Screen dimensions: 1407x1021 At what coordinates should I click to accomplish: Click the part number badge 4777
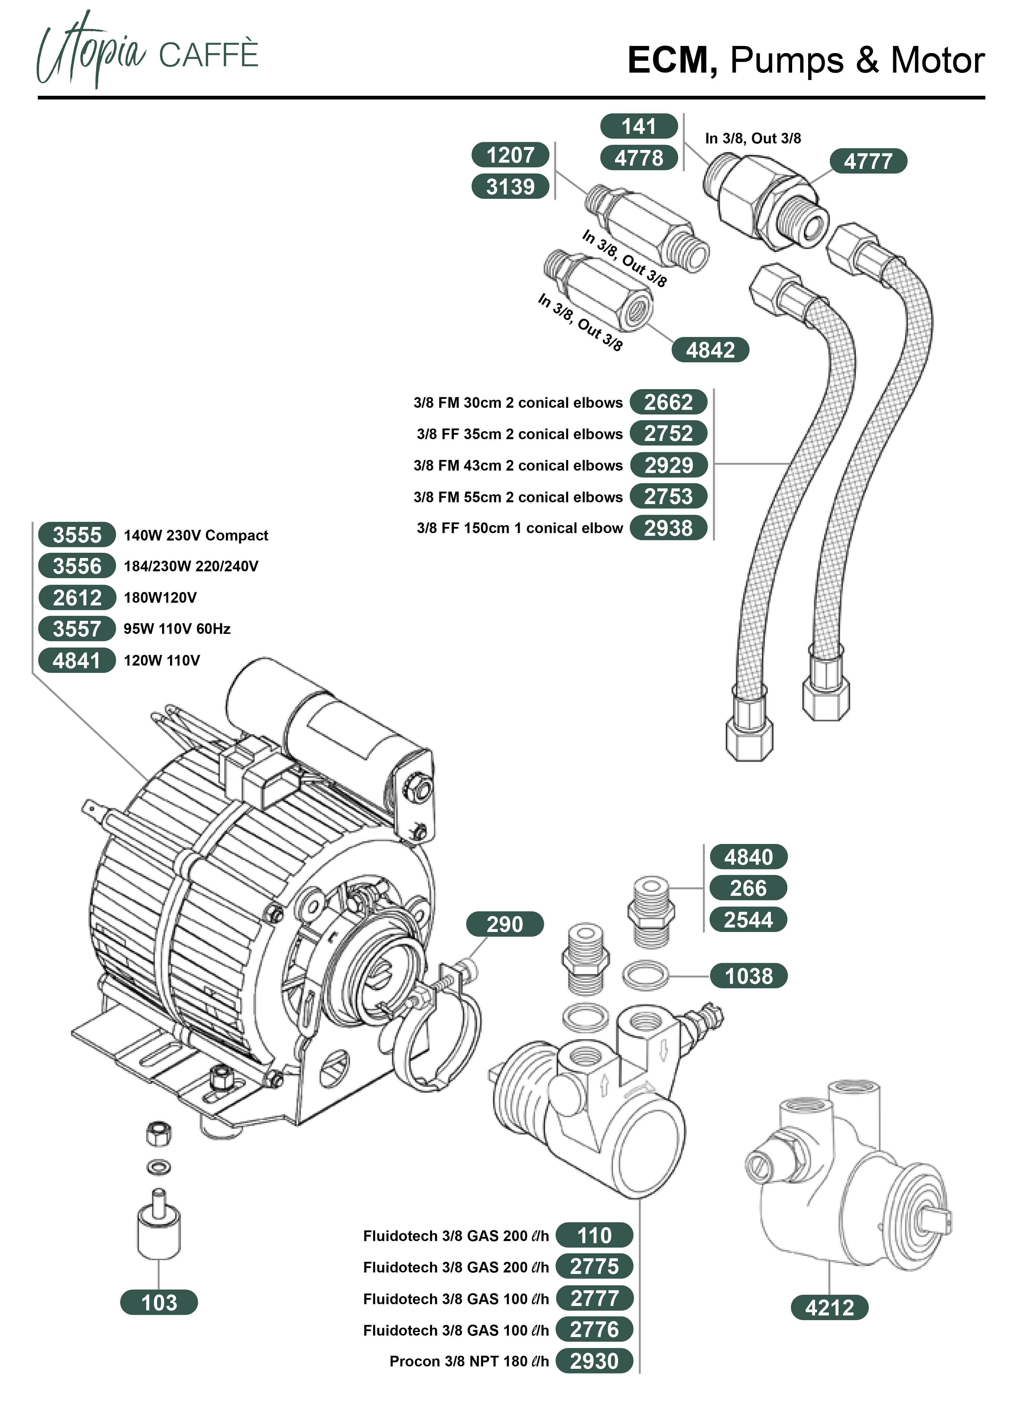[868, 161]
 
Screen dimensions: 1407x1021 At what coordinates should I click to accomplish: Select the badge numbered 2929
[669, 465]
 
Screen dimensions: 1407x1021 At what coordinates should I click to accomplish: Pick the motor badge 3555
[77, 535]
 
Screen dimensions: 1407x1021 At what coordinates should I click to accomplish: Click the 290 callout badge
[505, 924]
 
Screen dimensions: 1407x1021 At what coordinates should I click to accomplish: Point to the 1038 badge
[749, 976]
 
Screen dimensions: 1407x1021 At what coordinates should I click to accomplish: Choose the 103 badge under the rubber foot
[159, 1302]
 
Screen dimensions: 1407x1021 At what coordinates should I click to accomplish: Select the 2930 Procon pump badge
[594, 1361]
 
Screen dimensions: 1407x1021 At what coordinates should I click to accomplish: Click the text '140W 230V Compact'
[195, 535]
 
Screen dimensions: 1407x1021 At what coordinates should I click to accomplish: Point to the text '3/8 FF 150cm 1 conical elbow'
[519, 528]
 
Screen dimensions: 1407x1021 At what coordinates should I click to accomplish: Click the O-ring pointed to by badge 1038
[645, 976]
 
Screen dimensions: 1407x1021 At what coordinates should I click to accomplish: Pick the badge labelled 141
[639, 127]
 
